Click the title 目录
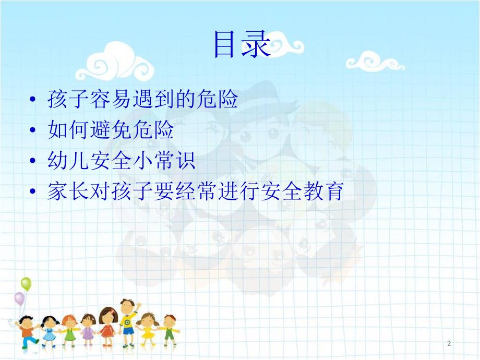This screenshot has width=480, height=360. pyautogui.click(x=241, y=46)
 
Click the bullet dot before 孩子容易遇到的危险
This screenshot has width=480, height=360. pyautogui.click(x=34, y=100)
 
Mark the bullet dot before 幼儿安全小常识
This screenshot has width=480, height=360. pyautogui.click(x=34, y=162)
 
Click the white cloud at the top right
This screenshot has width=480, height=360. pyautogui.click(x=375, y=61)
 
